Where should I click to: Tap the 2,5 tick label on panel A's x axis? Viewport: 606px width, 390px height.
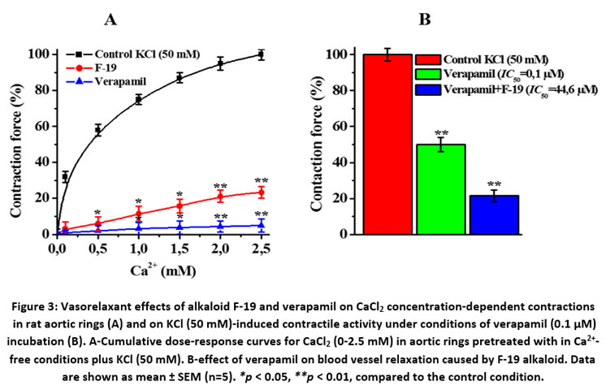[x=261, y=247]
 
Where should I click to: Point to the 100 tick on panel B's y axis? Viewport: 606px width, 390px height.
[x=342, y=54]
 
